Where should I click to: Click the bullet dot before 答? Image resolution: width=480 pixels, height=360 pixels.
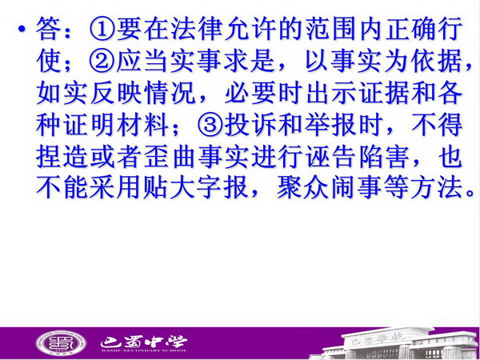(x=21, y=30)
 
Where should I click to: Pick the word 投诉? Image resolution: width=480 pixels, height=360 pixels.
(x=250, y=125)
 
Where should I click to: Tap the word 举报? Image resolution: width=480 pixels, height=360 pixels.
(x=331, y=125)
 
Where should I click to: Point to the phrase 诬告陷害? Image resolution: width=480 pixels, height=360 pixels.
(x=358, y=157)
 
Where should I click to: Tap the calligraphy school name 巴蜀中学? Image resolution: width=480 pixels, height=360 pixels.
(x=143, y=342)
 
